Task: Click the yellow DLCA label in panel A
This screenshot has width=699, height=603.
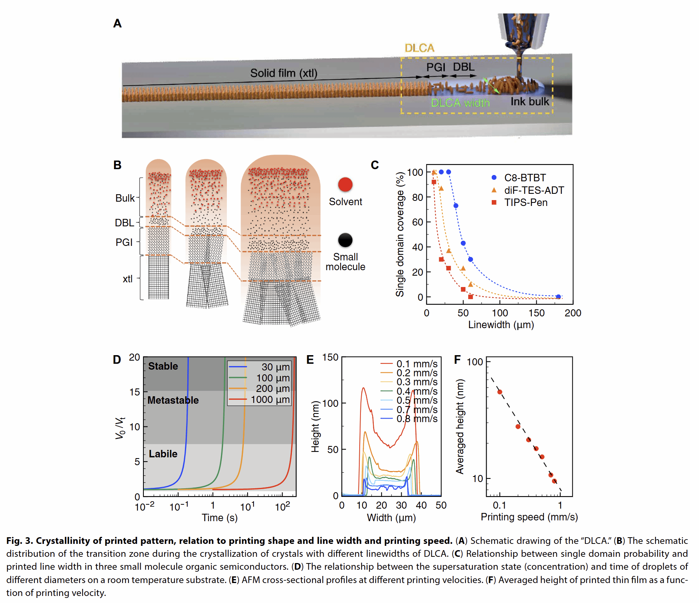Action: pos(419,48)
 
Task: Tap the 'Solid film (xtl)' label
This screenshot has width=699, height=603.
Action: pos(284,73)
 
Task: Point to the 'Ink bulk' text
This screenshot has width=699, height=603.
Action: pos(530,102)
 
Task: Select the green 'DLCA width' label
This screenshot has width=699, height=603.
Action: pos(460,103)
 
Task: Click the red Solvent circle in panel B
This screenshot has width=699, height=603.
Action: pos(345,184)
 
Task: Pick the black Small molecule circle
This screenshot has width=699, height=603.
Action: pos(345,240)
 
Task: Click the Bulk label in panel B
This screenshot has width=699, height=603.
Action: pos(125,198)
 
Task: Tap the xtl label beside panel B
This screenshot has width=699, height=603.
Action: pos(128,279)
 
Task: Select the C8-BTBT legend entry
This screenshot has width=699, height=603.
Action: pos(525,178)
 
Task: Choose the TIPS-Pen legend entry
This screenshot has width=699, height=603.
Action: pos(525,202)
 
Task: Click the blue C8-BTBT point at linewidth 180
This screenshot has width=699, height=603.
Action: pos(558,297)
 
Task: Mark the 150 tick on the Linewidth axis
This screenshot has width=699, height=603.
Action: pos(536,313)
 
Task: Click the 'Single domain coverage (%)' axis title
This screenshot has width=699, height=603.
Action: pos(400,234)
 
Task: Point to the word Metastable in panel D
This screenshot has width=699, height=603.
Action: pos(173,400)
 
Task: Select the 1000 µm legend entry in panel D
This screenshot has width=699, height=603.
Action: pos(270,399)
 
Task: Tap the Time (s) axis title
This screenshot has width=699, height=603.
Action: pos(219,518)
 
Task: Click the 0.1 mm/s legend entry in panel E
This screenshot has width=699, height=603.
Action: pos(417,364)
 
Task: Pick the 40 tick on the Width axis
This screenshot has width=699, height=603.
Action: pos(421,506)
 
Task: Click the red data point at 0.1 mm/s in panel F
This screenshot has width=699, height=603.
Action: pos(500,392)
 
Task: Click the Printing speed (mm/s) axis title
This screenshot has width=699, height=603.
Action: pos(529,517)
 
